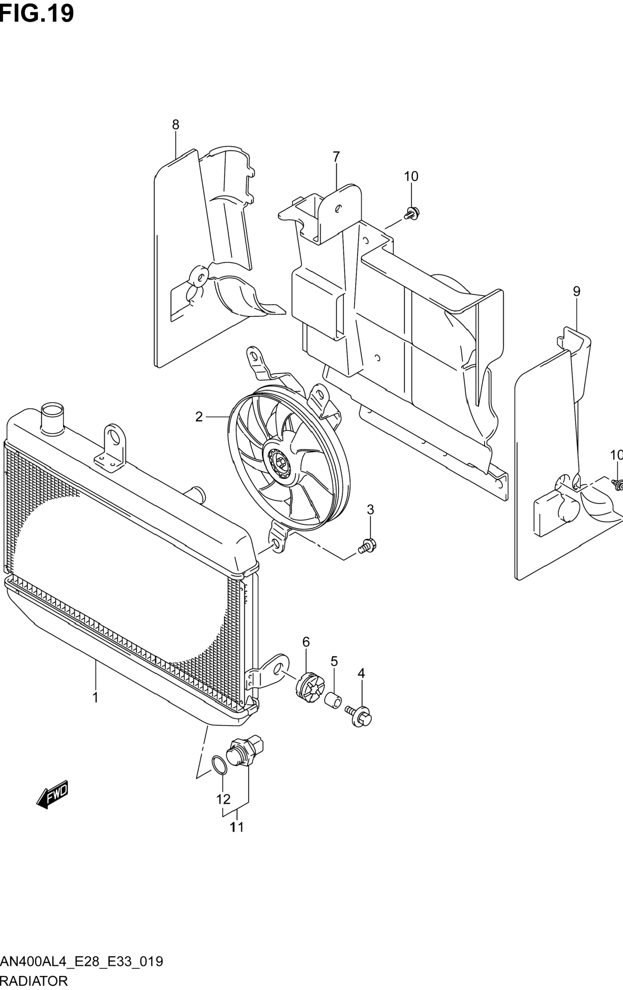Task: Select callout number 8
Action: pyautogui.click(x=176, y=124)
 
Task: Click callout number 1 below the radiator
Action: pyautogui.click(x=95, y=697)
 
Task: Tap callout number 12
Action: pyautogui.click(x=223, y=799)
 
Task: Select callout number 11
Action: pyautogui.click(x=237, y=827)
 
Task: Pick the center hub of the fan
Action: pyautogui.click(x=279, y=463)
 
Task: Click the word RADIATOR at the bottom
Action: pyautogui.click(x=34, y=981)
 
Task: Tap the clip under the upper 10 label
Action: pyautogui.click(x=412, y=213)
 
